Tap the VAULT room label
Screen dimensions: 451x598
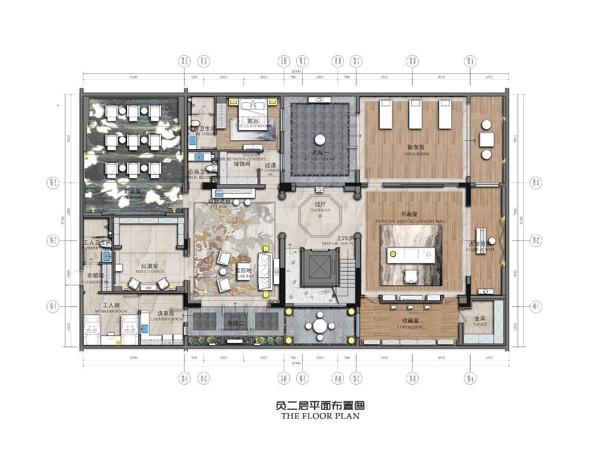pyautogui.click(x=480, y=324)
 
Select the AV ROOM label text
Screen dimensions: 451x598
pyautogui.click(x=132, y=197)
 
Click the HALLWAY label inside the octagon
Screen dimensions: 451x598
pyautogui.click(x=320, y=211)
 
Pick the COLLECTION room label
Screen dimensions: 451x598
pyautogui.click(x=410, y=327)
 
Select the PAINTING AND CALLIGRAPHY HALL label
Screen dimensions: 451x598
pyautogui.click(x=411, y=220)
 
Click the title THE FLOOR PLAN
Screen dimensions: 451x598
pyautogui.click(x=320, y=415)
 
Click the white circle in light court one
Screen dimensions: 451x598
pyautogui.click(x=320, y=139)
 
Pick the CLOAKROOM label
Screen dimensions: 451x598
pyautogui.click(x=95, y=282)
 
